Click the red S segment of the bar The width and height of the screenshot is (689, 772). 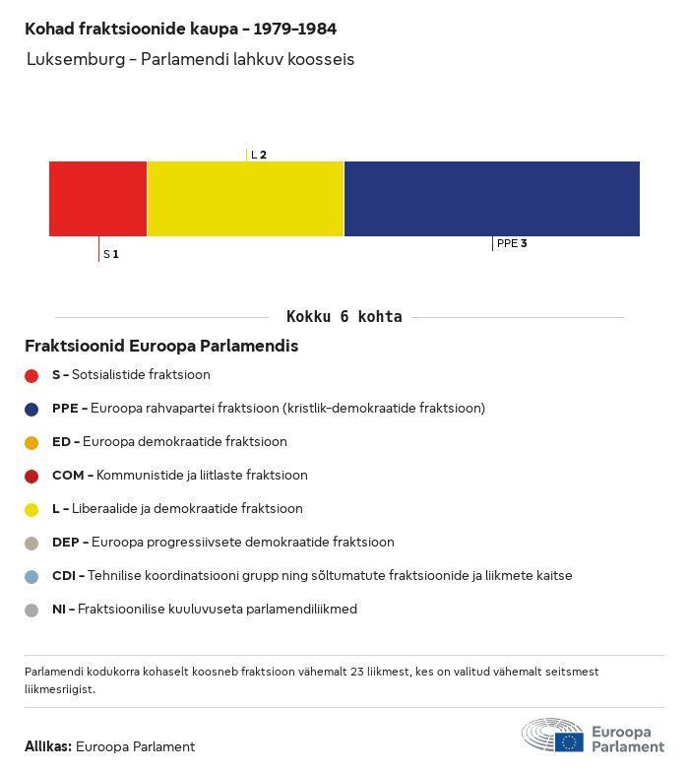(97, 199)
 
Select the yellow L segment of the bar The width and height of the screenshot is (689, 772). (245, 199)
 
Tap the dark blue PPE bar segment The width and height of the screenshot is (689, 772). (491, 199)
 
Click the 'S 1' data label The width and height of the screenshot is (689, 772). (111, 254)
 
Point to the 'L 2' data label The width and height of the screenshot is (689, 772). (259, 155)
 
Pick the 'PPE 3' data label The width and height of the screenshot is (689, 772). (512, 243)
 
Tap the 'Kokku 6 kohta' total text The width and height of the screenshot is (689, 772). (344, 317)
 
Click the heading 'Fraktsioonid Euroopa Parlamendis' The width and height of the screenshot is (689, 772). (161, 347)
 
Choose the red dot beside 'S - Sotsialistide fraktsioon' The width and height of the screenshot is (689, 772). (31, 375)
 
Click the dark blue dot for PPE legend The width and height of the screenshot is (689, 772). (31, 409)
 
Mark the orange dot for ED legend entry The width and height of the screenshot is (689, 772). (31, 442)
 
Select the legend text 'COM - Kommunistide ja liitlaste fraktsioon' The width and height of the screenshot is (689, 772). (179, 476)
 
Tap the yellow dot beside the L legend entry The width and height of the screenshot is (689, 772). (31, 509)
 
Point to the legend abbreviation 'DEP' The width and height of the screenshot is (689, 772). (65, 543)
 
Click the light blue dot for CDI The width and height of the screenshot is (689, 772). (31, 576)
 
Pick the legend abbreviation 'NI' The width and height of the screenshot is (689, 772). (59, 610)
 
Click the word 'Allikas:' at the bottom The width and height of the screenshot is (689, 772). (47, 746)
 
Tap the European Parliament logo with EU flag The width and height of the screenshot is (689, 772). (593, 737)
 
